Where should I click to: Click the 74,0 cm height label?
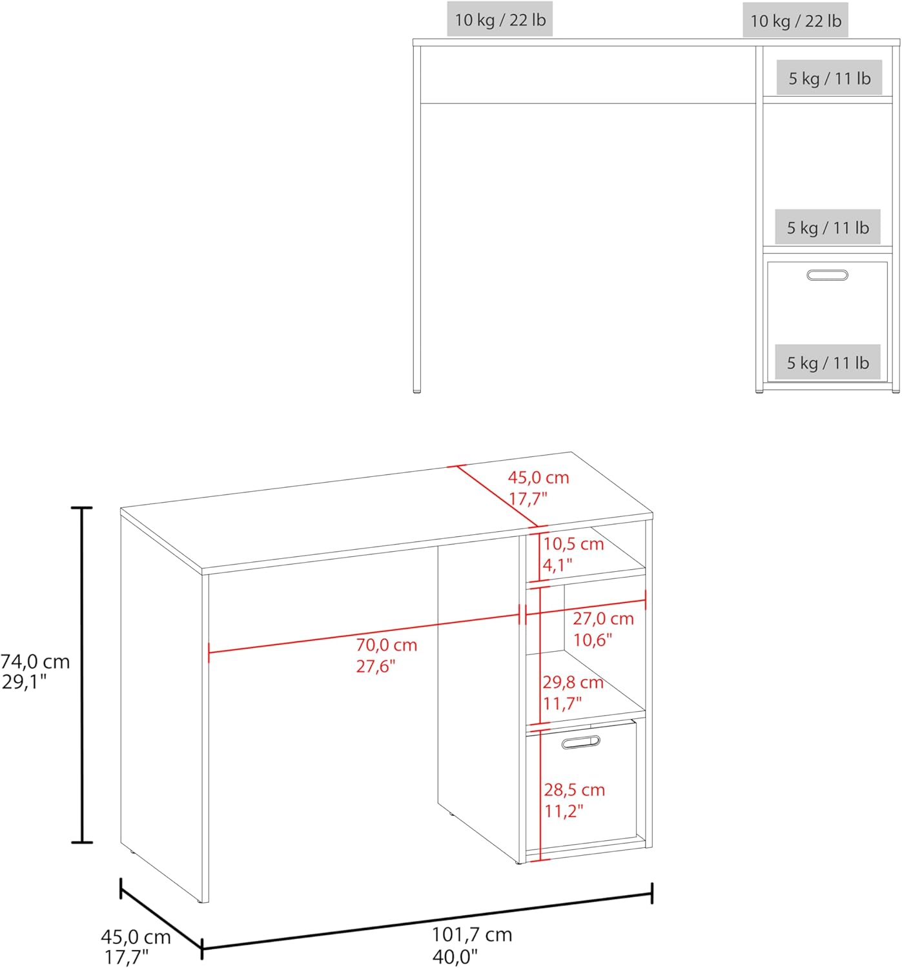[x=35, y=662]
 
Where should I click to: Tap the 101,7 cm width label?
[x=472, y=935]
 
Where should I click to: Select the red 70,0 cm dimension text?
[x=386, y=645]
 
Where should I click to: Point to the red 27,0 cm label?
[x=603, y=618]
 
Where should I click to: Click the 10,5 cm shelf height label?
[x=573, y=544]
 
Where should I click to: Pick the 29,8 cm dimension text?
[x=573, y=682]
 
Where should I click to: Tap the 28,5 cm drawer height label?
[x=574, y=790]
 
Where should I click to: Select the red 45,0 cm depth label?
[x=538, y=478]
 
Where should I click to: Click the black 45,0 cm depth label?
[x=136, y=937]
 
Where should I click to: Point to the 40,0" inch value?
[x=455, y=957]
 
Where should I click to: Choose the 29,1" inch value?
[x=25, y=682]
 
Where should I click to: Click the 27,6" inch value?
[x=375, y=666]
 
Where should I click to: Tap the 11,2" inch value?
[x=564, y=811]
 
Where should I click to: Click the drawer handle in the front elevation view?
[x=827, y=275]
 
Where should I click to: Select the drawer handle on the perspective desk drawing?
[x=580, y=742]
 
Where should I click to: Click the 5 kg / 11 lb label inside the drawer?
[x=827, y=363]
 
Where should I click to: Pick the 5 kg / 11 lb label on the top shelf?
[x=829, y=78]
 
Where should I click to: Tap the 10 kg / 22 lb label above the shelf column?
[x=795, y=21]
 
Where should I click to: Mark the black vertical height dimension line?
[x=82, y=675]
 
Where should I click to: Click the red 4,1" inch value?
[x=558, y=565]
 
